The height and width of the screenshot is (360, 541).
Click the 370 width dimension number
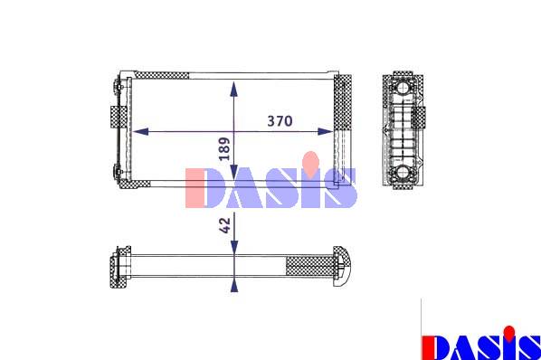pyautogui.click(x=280, y=121)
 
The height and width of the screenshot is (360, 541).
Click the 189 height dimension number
pyautogui.click(x=224, y=149)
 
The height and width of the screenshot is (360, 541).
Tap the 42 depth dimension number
pyautogui.click(x=224, y=225)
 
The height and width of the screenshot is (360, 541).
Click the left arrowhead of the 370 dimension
pyautogui.click(x=140, y=131)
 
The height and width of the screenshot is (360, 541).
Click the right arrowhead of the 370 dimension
pyautogui.click(x=325, y=131)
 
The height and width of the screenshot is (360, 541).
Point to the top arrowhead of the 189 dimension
pyautogui.click(x=234, y=90)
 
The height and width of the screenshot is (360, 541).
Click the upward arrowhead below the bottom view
pyautogui.click(x=234, y=286)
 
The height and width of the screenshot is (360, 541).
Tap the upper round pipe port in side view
pyautogui.click(x=403, y=88)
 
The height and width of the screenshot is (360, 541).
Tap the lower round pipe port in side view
pyautogui.click(x=403, y=172)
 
